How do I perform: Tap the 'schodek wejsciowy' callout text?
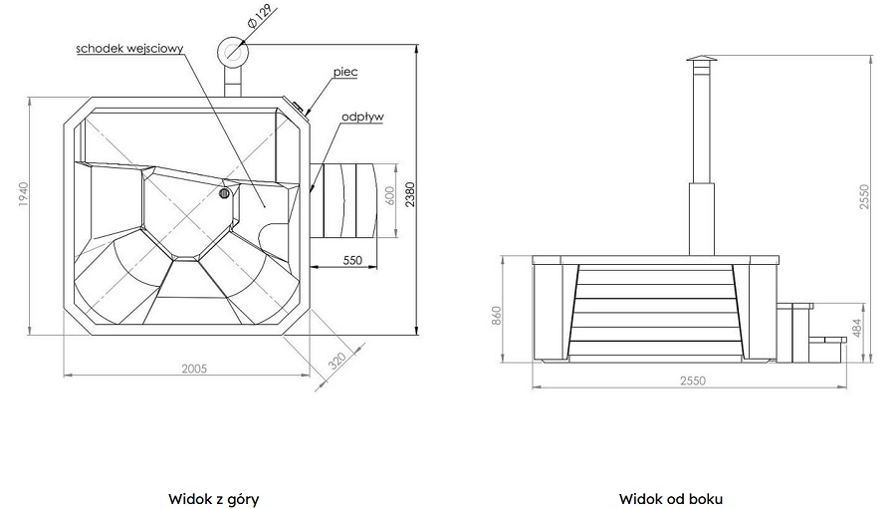[x=129, y=48]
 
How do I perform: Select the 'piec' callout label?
[x=345, y=72]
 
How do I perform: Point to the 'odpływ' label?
[x=362, y=117]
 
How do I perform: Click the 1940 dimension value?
[x=23, y=194]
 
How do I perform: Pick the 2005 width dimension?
[x=194, y=369]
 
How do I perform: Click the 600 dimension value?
[x=389, y=196]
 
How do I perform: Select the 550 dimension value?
[x=352, y=260]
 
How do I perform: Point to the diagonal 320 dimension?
[x=337, y=361]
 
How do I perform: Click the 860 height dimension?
[x=496, y=317]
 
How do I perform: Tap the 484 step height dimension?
[x=856, y=329]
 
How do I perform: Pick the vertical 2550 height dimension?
[x=864, y=197]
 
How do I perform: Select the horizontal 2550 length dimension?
[x=693, y=381]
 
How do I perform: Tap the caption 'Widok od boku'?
[x=671, y=499]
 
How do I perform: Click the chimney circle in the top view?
[x=233, y=51]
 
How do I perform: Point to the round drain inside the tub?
[x=224, y=193]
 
